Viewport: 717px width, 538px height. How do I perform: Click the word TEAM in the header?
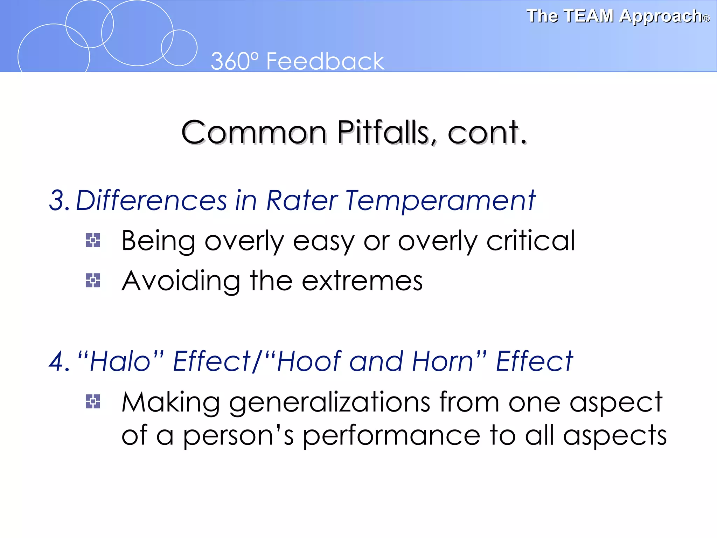pos(589,16)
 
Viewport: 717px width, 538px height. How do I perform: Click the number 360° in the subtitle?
pos(235,61)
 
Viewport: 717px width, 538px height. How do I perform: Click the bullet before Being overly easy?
pos(93,241)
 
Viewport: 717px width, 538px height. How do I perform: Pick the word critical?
pos(530,241)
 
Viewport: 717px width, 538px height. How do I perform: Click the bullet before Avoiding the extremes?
pos(93,281)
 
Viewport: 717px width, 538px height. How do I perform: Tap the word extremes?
pos(362,281)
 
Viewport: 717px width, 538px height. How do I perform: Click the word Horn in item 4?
pos(443,362)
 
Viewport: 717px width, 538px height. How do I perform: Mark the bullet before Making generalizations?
pos(93,402)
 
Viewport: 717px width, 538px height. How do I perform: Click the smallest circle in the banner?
pos(179,48)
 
